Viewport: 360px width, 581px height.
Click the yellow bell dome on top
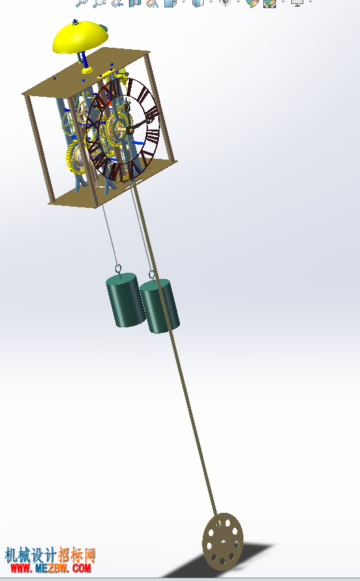tap(80, 37)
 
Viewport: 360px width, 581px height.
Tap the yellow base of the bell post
tap(87, 70)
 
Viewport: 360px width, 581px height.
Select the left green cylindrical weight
tap(125, 300)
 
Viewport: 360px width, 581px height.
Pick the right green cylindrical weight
tap(160, 306)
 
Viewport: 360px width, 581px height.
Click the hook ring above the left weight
tap(118, 269)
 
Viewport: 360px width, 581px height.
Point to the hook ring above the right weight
tap(152, 275)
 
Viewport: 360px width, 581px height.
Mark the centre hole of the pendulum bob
tap(224, 542)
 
